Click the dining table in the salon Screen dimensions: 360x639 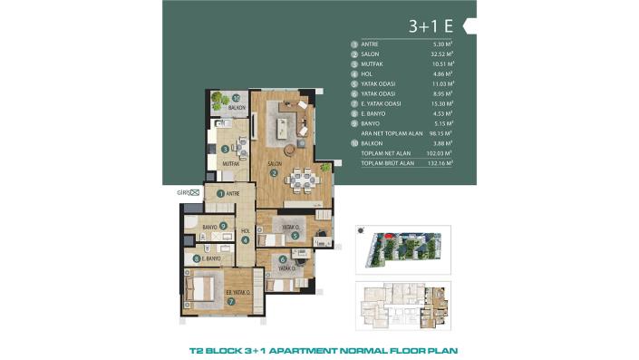coord(306,180)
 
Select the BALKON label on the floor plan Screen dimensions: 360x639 coord(237,107)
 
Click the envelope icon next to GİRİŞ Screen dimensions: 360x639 coord(192,192)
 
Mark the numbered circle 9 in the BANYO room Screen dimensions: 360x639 coord(222,227)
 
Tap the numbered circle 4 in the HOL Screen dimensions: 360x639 coord(245,239)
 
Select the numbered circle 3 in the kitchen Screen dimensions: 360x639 coord(226,149)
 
